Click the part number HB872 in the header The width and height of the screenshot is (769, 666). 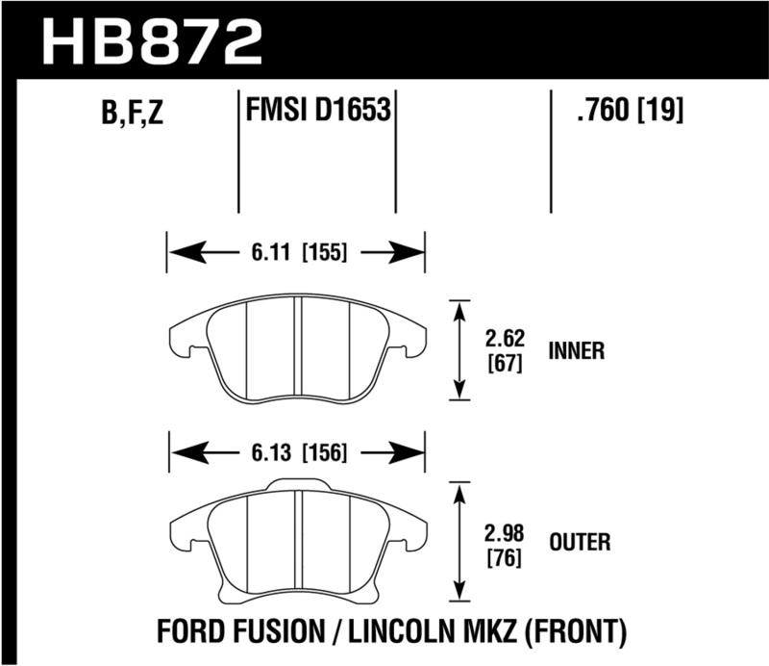(153, 40)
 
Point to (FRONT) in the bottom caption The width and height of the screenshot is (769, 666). (576, 631)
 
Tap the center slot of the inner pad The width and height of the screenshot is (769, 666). (297, 346)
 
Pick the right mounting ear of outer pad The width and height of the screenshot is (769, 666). (412, 532)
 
